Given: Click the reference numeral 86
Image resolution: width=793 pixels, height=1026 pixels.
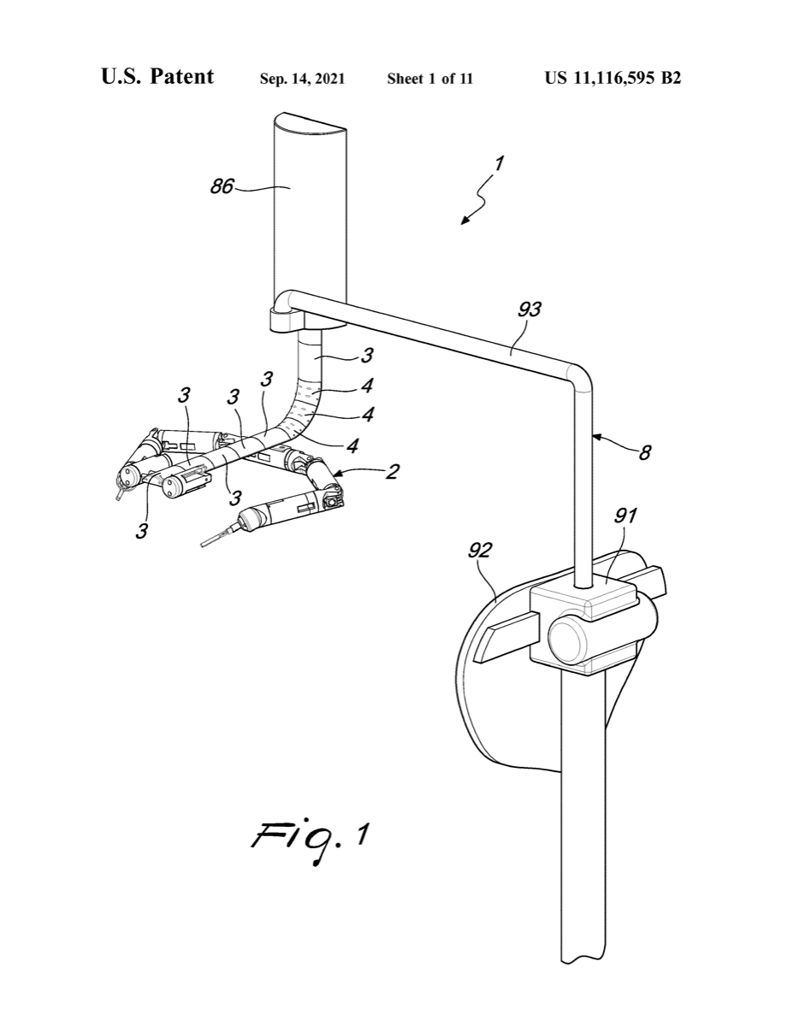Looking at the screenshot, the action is tap(222, 186).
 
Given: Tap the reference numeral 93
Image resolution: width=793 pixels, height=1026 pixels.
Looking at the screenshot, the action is tap(530, 310).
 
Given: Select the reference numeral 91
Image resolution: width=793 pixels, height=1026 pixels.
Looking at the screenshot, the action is tap(625, 516).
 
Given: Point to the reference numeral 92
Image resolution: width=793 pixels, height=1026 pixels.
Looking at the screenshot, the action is tap(480, 551).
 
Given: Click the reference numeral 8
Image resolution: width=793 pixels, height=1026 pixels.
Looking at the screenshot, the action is tap(645, 453).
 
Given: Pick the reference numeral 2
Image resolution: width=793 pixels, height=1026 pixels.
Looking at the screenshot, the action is tap(392, 471).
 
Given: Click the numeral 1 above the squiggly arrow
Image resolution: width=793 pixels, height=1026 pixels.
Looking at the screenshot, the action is tap(499, 163).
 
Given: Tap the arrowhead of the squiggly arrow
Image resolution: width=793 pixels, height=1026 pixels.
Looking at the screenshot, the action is tap(465, 220).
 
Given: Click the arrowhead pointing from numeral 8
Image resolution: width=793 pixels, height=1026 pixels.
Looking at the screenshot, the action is tap(597, 438).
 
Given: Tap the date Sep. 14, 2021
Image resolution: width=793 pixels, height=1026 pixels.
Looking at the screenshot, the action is tap(302, 79).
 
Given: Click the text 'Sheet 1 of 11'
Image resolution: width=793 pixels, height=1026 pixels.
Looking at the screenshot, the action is tap(429, 79).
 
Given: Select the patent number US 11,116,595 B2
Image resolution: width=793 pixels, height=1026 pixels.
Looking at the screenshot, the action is tap(613, 78).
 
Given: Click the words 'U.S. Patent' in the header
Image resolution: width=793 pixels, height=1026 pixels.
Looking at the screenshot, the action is tap(157, 76).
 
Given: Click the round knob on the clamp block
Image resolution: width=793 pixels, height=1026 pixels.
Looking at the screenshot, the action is tap(567, 642).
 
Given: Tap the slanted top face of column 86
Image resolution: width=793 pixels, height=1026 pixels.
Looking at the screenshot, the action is tap(310, 122).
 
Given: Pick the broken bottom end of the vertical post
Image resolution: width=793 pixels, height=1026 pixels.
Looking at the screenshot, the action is tap(583, 961).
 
